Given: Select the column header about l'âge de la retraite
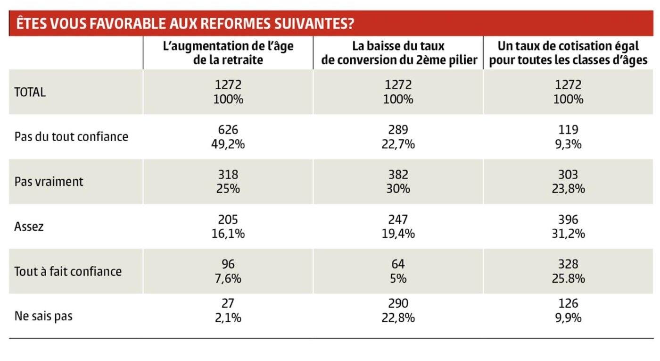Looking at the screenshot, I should coord(228,53).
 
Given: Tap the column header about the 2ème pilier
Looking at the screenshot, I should coord(398,53).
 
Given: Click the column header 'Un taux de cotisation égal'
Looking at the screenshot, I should coord(568,53).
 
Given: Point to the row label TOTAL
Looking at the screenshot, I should coord(30,92).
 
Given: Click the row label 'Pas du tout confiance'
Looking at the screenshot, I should coord(71,137).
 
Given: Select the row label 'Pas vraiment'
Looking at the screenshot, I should coord(49,182).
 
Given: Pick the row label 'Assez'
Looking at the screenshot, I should coord(29,227).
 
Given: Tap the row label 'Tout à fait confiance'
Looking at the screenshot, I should coord(68,271).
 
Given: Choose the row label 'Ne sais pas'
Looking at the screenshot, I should coord(43,316).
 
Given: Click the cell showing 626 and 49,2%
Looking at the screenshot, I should coord(228,137).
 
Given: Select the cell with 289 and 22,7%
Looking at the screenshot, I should coord(398,137).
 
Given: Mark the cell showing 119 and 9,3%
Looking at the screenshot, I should coord(568,137).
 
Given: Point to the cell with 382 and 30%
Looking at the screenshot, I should coord(398,182).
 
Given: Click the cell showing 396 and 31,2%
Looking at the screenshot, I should coord(568,227).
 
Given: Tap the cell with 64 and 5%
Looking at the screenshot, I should coord(398,271).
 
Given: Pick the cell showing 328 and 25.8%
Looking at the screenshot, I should coord(568,271).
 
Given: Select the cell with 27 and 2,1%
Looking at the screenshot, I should coord(228,311).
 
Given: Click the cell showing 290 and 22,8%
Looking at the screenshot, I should coord(398,311).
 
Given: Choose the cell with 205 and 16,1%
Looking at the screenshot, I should coord(228,227).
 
